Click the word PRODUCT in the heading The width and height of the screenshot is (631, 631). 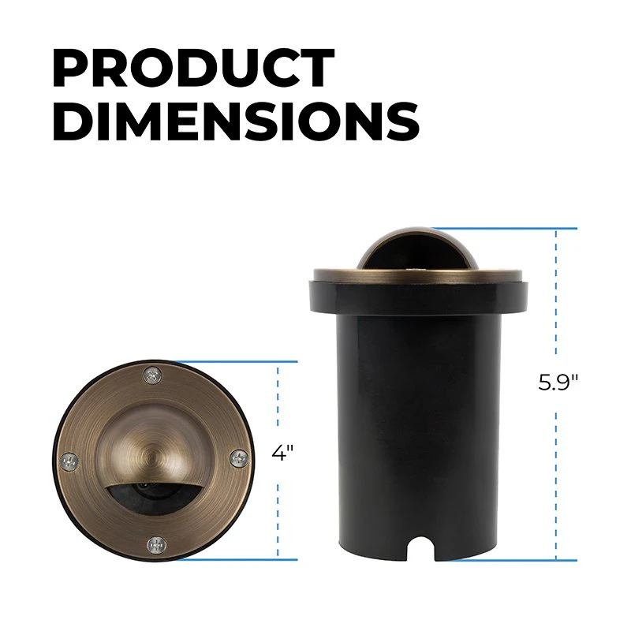(193, 69)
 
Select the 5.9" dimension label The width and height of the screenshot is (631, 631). (558, 383)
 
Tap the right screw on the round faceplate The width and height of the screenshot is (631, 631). (237, 457)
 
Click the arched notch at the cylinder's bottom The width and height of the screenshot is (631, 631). (426, 553)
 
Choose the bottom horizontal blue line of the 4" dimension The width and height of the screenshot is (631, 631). (237, 559)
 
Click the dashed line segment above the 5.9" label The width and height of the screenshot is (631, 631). (558, 300)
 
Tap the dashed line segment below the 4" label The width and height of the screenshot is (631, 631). (278, 513)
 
